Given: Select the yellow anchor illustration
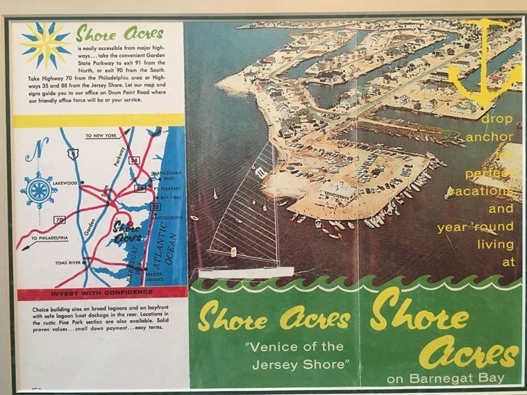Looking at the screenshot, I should pos(484,62).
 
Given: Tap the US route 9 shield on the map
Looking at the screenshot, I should pos(73,155).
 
